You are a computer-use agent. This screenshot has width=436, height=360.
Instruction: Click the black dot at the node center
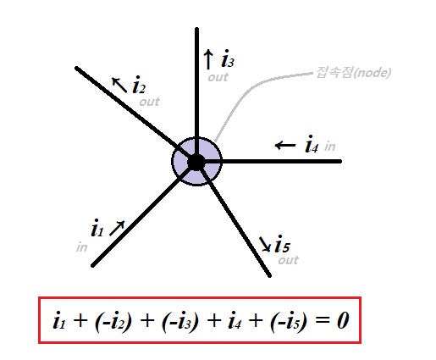[196, 162]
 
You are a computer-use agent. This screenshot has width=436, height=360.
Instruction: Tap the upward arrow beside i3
[208, 59]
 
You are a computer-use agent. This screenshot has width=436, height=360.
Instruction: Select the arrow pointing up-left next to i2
[119, 85]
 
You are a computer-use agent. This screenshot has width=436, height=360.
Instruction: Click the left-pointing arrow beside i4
[285, 146]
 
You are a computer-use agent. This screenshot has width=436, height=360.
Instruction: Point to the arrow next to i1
[117, 228]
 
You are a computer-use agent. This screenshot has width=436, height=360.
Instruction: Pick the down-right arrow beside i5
[265, 244]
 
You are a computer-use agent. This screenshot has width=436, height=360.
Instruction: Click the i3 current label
[228, 58]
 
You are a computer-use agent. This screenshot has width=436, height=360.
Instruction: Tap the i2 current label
[139, 85]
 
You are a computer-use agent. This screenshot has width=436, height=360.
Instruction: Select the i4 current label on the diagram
[312, 144]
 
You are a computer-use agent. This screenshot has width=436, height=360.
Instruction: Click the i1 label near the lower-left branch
[97, 228]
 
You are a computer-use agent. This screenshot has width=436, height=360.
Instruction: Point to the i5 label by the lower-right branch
[282, 244]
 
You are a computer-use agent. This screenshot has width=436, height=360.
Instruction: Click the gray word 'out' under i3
[218, 77]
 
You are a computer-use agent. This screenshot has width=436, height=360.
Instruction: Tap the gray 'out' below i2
[149, 102]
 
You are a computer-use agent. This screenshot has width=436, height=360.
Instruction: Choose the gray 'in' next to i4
[329, 147]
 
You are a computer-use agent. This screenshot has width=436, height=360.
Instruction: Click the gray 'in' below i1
[82, 247]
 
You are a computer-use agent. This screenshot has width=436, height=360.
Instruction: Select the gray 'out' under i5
[288, 260]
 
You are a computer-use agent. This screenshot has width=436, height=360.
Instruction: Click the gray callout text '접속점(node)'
[353, 72]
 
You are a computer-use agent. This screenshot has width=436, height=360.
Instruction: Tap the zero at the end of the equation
[343, 321]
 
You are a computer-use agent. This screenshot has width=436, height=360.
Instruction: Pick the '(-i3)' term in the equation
[180, 321]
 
